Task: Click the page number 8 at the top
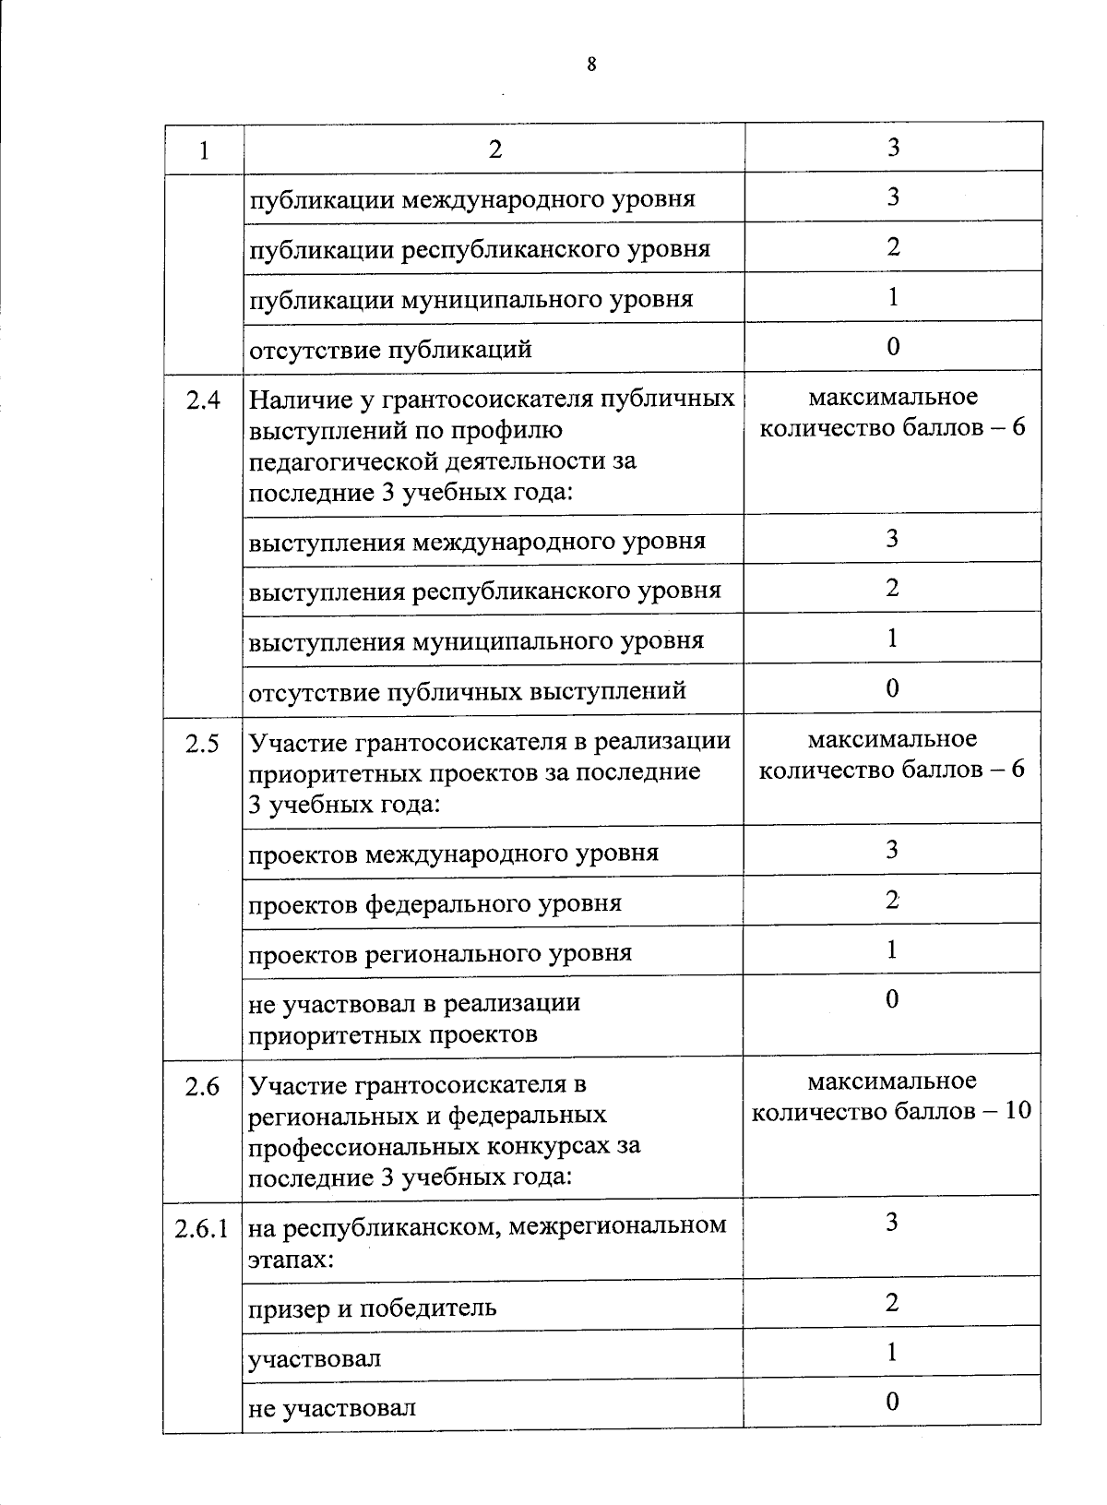(x=591, y=64)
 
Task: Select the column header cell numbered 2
(x=495, y=149)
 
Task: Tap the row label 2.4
(x=203, y=400)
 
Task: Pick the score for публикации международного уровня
(x=892, y=197)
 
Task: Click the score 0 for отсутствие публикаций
(x=892, y=347)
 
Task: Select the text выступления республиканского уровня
(x=484, y=591)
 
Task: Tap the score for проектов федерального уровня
(x=892, y=901)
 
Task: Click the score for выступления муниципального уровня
(x=892, y=639)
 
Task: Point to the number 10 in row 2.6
(x=1017, y=1111)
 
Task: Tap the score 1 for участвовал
(x=892, y=1353)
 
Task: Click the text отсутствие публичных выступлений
(x=468, y=691)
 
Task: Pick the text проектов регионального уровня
(x=440, y=952)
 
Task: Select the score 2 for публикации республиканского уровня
(x=892, y=247)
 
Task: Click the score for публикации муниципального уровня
(x=892, y=297)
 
